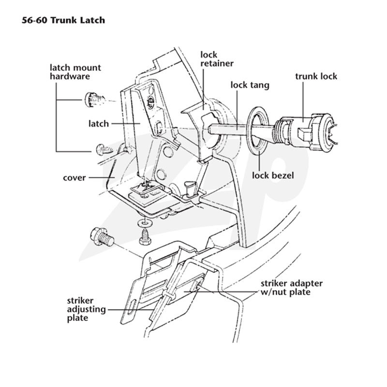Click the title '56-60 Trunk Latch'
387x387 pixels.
pos(63,20)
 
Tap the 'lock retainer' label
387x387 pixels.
pos(217,59)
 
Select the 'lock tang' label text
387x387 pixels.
pos(250,85)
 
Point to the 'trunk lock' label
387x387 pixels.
pos(316,76)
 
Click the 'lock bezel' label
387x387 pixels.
pos(273,176)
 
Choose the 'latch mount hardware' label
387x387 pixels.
pos(75,72)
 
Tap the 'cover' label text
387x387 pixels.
pos(74,178)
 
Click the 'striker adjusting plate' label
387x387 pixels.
pos(86,309)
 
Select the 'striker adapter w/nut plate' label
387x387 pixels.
pos(292,288)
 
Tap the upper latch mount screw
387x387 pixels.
pos(95,100)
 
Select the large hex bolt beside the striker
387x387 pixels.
pos(102,237)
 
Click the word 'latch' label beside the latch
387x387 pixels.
pos(99,123)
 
